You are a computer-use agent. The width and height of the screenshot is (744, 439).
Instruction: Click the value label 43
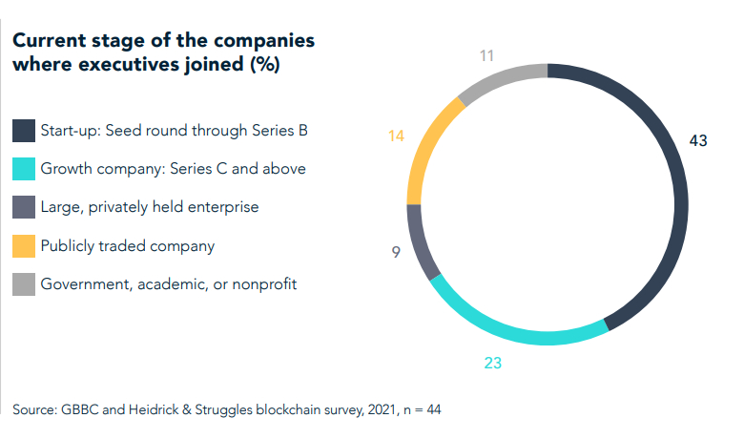698,141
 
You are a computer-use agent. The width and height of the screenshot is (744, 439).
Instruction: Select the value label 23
492,364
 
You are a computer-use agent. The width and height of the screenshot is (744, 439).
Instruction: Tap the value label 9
395,253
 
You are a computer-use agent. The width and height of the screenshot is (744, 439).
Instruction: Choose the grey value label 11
487,55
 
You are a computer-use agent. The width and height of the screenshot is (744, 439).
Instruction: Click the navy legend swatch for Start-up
23,130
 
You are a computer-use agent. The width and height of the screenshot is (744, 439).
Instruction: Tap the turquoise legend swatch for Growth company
23,169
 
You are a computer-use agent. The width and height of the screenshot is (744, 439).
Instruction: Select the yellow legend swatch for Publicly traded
23,246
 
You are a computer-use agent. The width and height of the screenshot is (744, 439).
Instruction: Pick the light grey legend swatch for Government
23,284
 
